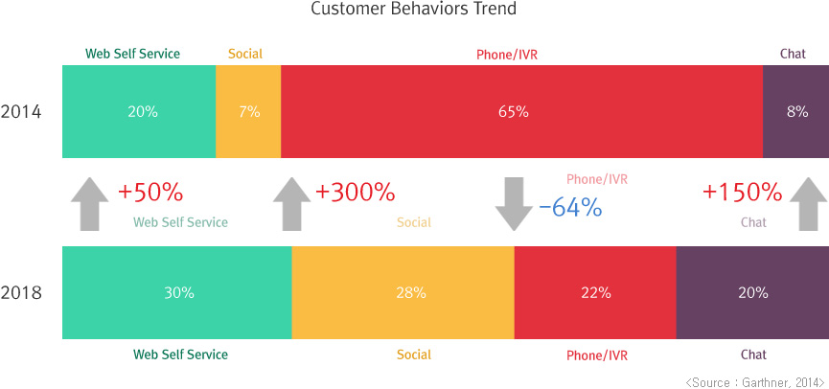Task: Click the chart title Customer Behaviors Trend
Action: [x=414, y=10]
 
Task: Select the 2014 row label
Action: [x=21, y=111]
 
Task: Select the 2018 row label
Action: [x=21, y=292]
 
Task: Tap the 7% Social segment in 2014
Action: [x=248, y=111]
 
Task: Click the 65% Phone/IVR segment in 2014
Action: [x=513, y=111]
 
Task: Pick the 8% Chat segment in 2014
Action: [x=796, y=111]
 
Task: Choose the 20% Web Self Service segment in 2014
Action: [x=142, y=111]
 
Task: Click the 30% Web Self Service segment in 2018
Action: [x=178, y=292]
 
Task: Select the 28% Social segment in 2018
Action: [x=410, y=292]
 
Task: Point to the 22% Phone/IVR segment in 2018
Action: [x=595, y=292]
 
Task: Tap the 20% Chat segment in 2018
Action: [x=752, y=292]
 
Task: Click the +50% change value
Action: [x=150, y=193]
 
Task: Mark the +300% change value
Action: [x=355, y=193]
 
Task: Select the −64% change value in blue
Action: [x=570, y=207]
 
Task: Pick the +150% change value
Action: [x=742, y=193]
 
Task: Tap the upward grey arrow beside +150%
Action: [x=809, y=203]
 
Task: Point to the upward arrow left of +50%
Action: [x=89, y=203]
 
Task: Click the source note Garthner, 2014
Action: [x=754, y=381]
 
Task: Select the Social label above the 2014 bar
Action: [x=245, y=54]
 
